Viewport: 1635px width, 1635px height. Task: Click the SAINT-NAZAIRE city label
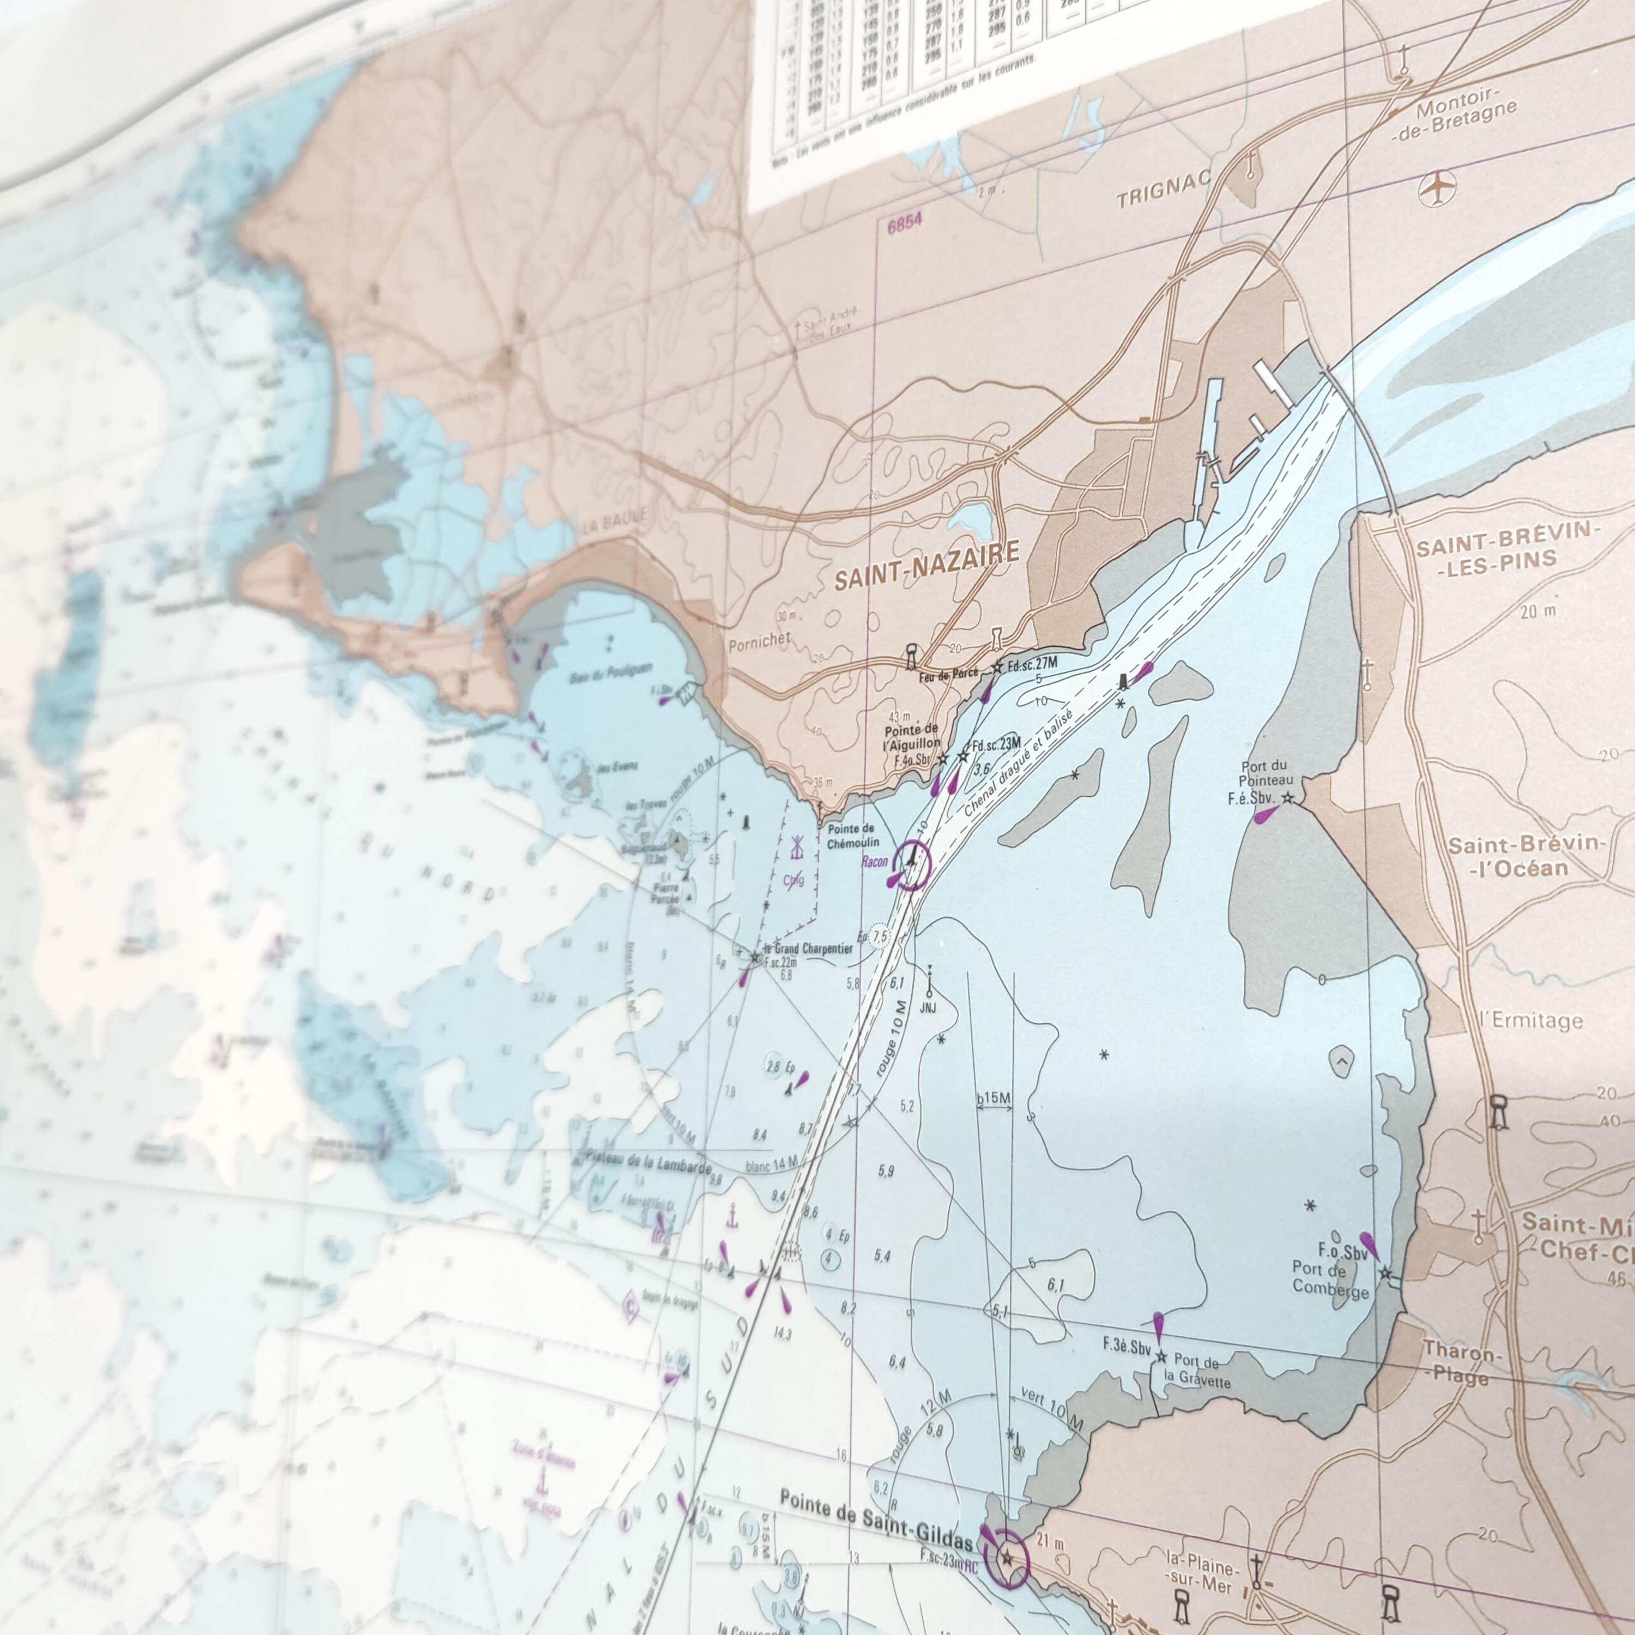927,566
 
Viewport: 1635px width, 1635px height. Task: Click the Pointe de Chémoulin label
851,835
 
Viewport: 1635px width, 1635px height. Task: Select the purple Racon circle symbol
911,864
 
